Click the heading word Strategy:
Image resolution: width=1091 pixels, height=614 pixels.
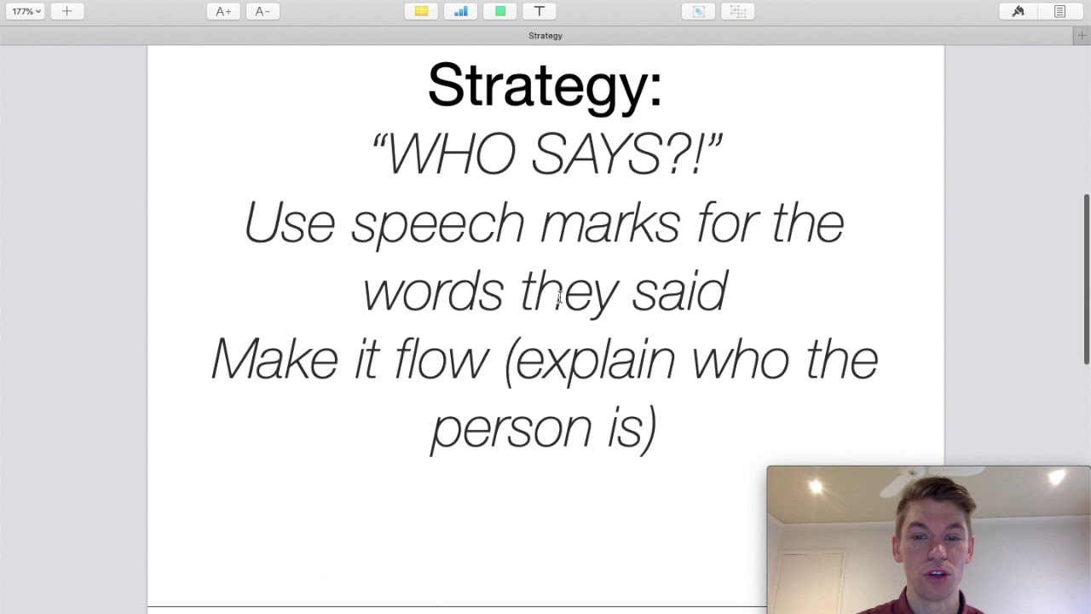pos(545,86)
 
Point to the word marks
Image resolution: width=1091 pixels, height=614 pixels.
pos(610,223)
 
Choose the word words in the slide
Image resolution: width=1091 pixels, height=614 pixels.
pos(433,292)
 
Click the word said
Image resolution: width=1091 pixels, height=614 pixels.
pos(679,292)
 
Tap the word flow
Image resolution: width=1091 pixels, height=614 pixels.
pos(441,359)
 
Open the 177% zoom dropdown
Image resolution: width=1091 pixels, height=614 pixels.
pos(26,11)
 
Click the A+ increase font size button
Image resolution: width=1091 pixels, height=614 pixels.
pos(223,11)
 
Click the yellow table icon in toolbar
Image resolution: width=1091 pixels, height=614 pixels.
pos(421,11)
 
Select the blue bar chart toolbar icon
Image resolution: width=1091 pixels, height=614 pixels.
pos(461,11)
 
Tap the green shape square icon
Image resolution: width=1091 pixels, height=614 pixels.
pos(500,11)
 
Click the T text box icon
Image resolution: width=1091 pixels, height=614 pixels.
pos(539,11)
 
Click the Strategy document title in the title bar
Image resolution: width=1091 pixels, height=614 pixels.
pos(545,36)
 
